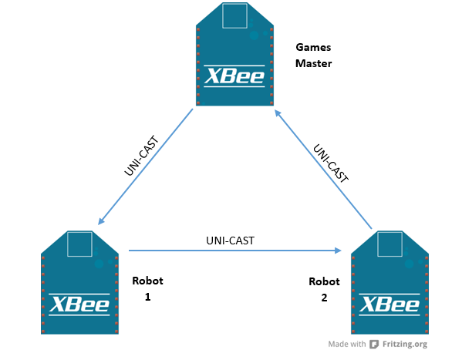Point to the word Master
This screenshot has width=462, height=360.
click(313, 63)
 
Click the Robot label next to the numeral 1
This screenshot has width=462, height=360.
click(147, 281)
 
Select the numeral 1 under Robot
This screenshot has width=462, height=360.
click(147, 296)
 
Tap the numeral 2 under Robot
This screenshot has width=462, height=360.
click(324, 296)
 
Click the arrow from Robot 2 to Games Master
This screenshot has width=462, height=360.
click(324, 168)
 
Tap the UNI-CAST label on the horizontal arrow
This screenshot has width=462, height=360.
click(231, 241)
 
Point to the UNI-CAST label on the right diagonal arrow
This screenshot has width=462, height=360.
click(331, 161)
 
